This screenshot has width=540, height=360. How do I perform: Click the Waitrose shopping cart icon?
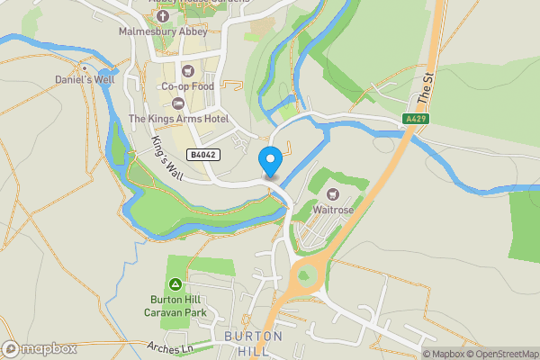330,193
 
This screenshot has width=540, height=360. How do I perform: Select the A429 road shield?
415,119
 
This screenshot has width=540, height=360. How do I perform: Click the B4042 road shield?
202,155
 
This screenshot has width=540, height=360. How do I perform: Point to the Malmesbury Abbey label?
162,31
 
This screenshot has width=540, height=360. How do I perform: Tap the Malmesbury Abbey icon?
162,16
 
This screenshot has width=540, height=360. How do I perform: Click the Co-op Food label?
186,86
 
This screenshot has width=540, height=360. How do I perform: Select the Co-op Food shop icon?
186,71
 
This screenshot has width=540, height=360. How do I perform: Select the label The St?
427,87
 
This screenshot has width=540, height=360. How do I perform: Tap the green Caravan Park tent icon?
175,283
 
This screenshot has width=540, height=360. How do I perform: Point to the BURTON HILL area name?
253,343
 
